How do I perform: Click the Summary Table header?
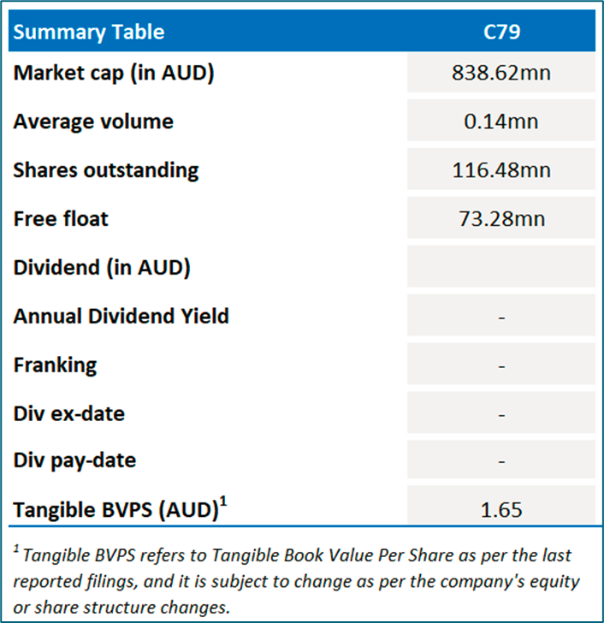pos(89,33)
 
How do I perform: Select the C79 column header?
pos(501,33)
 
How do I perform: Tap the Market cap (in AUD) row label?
pos(114,73)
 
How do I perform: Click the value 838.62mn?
pos(501,73)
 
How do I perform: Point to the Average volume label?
pos(93,122)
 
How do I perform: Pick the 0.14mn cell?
pos(501,122)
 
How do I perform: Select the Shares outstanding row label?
pos(106,169)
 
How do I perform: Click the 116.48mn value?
pos(501,170)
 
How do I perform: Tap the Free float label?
pos(61,218)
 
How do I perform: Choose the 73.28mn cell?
pos(501,219)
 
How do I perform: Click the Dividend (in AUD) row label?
pos(102,267)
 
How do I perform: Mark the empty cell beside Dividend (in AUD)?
pos(501,268)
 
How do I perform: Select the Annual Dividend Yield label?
pos(121,316)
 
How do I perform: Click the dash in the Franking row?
pos(501,366)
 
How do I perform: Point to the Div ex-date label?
pos(68,413)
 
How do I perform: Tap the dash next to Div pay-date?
pos(501,461)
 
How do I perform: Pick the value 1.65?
pos(501,511)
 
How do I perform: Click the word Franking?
pos(55,365)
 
